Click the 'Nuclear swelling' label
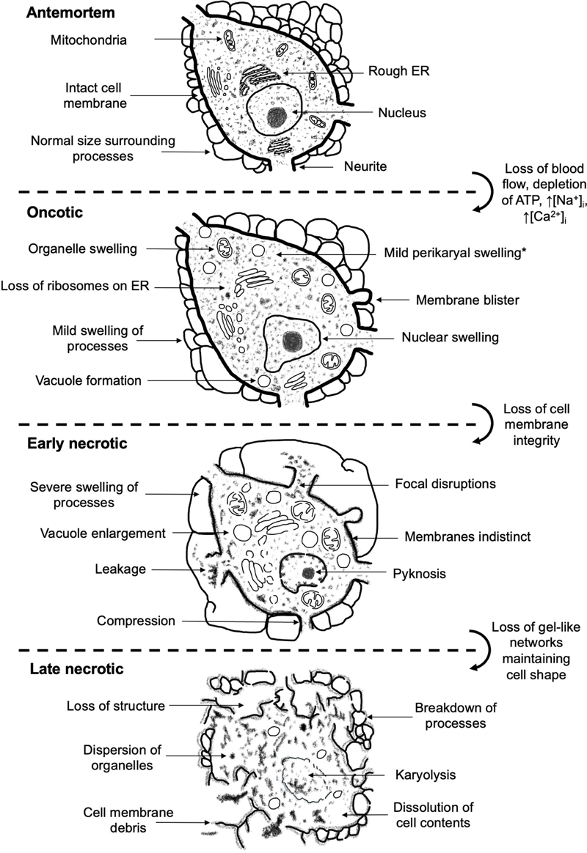tap(450, 339)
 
